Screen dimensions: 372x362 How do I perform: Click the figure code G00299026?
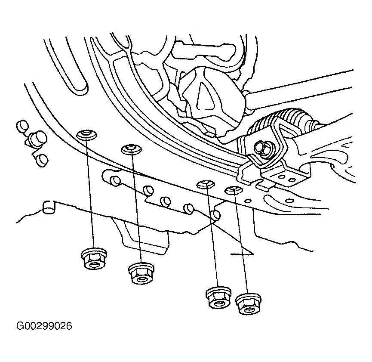coord(44,326)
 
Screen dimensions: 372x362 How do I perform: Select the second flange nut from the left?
coord(141,273)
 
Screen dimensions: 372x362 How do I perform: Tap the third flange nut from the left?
coord(218,297)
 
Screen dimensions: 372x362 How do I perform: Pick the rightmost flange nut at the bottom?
coord(249,304)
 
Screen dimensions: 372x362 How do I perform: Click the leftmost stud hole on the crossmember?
coord(86,135)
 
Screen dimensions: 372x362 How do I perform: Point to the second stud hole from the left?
coord(131,149)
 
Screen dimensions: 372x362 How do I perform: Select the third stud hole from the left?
coord(206,184)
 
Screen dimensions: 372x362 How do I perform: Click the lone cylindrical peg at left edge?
coord(49,207)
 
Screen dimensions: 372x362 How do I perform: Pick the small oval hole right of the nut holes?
coord(248,201)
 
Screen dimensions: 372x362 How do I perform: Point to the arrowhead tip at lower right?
coord(253,254)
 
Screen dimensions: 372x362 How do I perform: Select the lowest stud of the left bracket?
coord(43,160)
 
